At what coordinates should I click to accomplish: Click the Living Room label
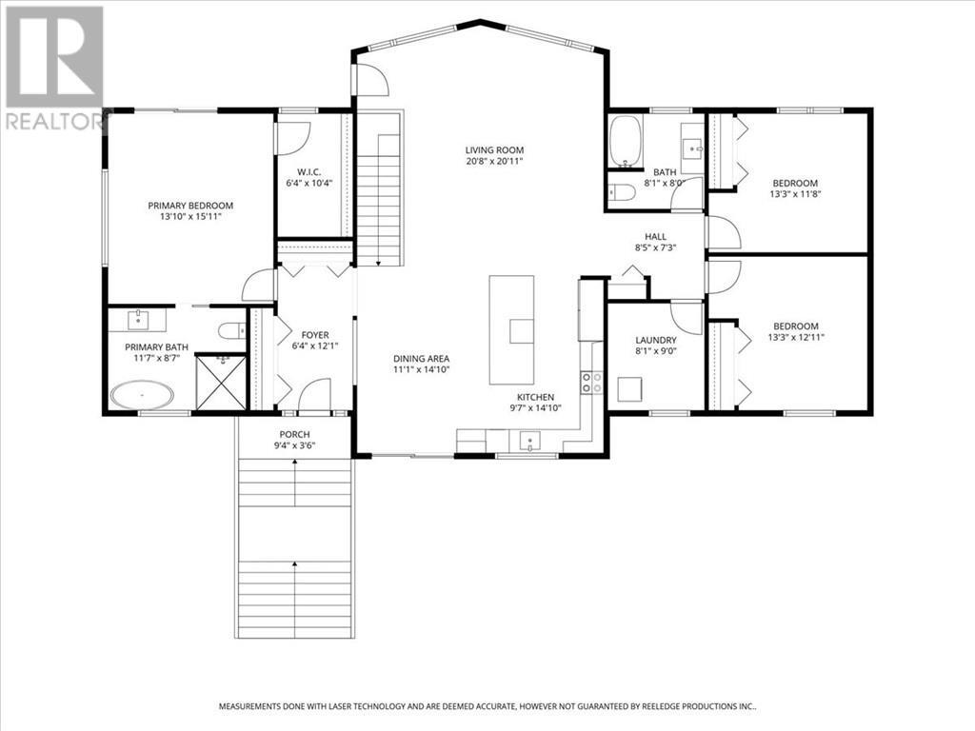(x=494, y=149)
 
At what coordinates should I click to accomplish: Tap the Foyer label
(x=315, y=335)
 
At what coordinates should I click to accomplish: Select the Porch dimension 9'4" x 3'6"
(x=295, y=445)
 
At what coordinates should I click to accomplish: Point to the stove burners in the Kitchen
(x=591, y=382)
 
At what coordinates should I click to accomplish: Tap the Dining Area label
(x=421, y=359)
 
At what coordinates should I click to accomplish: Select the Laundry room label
(x=656, y=340)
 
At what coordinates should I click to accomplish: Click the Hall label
(x=655, y=236)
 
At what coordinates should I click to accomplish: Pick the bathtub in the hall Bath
(x=625, y=143)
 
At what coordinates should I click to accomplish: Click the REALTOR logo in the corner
(x=54, y=67)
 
